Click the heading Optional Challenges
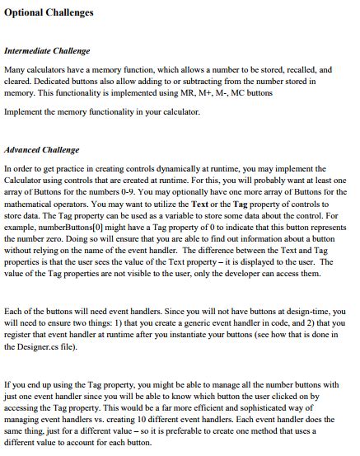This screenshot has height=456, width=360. click(x=49, y=12)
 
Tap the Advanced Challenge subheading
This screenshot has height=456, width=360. click(x=42, y=150)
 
